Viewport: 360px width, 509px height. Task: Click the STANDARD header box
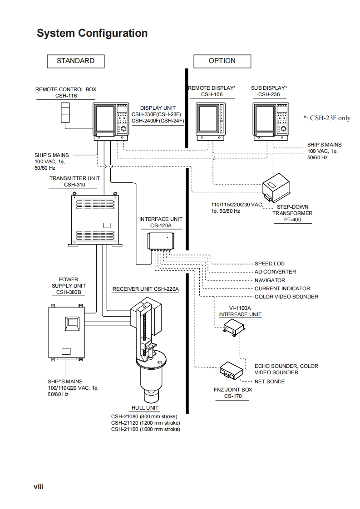75,61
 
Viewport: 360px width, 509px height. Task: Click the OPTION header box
222,61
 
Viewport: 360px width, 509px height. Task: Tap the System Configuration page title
92,33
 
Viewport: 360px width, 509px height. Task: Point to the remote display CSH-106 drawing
210,120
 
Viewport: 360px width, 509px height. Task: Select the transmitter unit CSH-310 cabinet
97,218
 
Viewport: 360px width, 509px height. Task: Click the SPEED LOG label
269,264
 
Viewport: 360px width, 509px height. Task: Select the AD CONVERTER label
275,272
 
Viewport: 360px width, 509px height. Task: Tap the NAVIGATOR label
270,280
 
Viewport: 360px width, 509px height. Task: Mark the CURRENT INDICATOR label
282,289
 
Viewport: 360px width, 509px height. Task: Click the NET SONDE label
270,382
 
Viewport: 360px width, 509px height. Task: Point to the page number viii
38,486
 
